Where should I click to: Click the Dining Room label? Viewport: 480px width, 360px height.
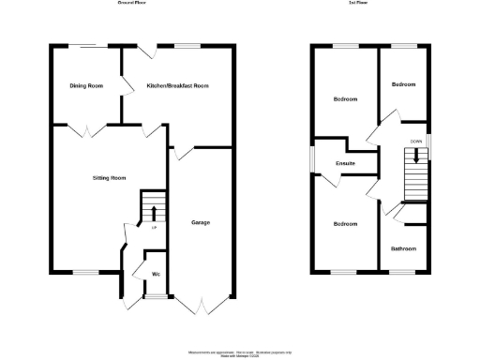(85, 85)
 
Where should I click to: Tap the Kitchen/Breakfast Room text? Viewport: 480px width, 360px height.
(177, 85)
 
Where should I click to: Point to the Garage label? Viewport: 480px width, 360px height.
(200, 222)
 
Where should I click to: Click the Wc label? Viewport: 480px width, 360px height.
(155, 275)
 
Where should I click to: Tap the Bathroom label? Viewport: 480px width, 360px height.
(404, 248)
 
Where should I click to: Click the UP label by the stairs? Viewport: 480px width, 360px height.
(153, 226)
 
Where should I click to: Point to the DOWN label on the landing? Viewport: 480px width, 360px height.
(414, 142)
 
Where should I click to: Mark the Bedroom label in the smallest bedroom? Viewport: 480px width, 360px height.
(403, 85)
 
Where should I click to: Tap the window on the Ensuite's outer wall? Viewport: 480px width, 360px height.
(313, 160)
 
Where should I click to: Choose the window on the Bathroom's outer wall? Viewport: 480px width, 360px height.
(403, 272)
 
